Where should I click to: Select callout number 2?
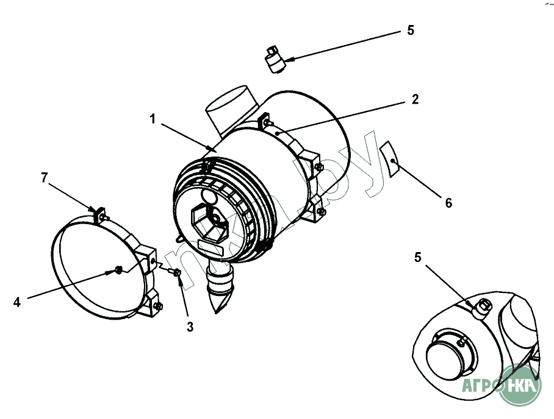[414, 99]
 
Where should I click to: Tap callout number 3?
[190, 326]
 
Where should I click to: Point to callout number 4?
[17, 301]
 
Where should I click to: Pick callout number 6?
[448, 203]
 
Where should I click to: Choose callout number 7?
[44, 177]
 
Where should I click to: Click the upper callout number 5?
[410, 30]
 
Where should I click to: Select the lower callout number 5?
[418, 258]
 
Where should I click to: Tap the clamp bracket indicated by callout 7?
[97, 214]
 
